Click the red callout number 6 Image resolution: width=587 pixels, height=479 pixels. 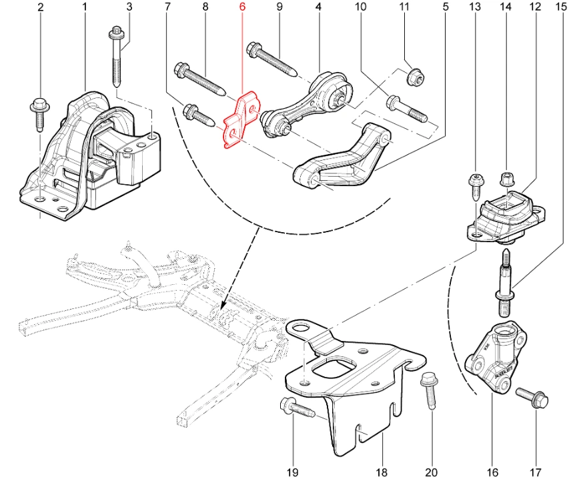[x=243, y=8]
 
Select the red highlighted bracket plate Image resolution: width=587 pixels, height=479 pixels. [x=239, y=121]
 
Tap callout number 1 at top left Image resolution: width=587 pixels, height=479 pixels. [x=85, y=8]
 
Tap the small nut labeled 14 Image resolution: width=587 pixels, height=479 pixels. [x=506, y=179]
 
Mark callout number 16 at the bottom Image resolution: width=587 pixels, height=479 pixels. [x=492, y=472]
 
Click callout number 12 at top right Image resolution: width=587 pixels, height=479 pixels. [x=534, y=8]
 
